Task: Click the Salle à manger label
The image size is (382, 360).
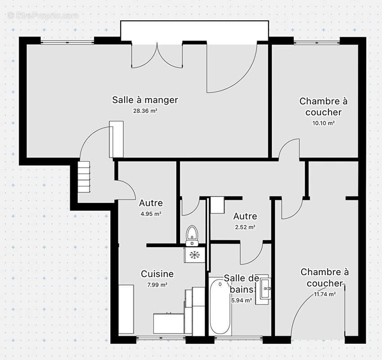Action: click(145, 100)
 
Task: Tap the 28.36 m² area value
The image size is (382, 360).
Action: click(145, 111)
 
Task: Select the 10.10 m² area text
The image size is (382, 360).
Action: click(323, 123)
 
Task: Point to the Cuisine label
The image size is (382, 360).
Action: click(157, 274)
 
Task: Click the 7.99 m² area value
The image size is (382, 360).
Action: click(157, 285)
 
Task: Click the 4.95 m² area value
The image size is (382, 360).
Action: click(151, 214)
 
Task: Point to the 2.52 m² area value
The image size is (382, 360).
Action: click(245, 227)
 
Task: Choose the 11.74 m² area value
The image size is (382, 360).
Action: click(325, 294)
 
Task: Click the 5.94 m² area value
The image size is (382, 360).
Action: click(241, 300)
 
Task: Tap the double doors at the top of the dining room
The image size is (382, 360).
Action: click(157, 56)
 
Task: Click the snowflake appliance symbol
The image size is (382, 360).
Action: click(194, 255)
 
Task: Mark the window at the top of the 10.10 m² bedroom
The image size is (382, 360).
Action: click(316, 42)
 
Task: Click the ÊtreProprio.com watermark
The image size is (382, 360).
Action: click(43, 15)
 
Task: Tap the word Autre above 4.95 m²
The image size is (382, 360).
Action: click(151, 203)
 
